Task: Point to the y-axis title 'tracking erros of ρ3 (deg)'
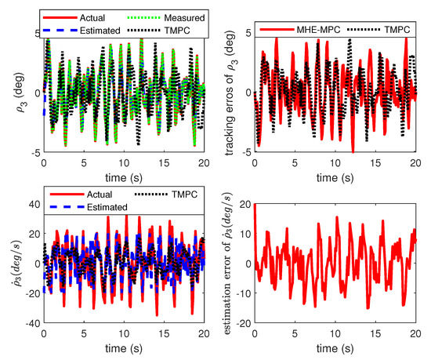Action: pos(230,92)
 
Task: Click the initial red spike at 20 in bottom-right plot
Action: pos(255,205)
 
